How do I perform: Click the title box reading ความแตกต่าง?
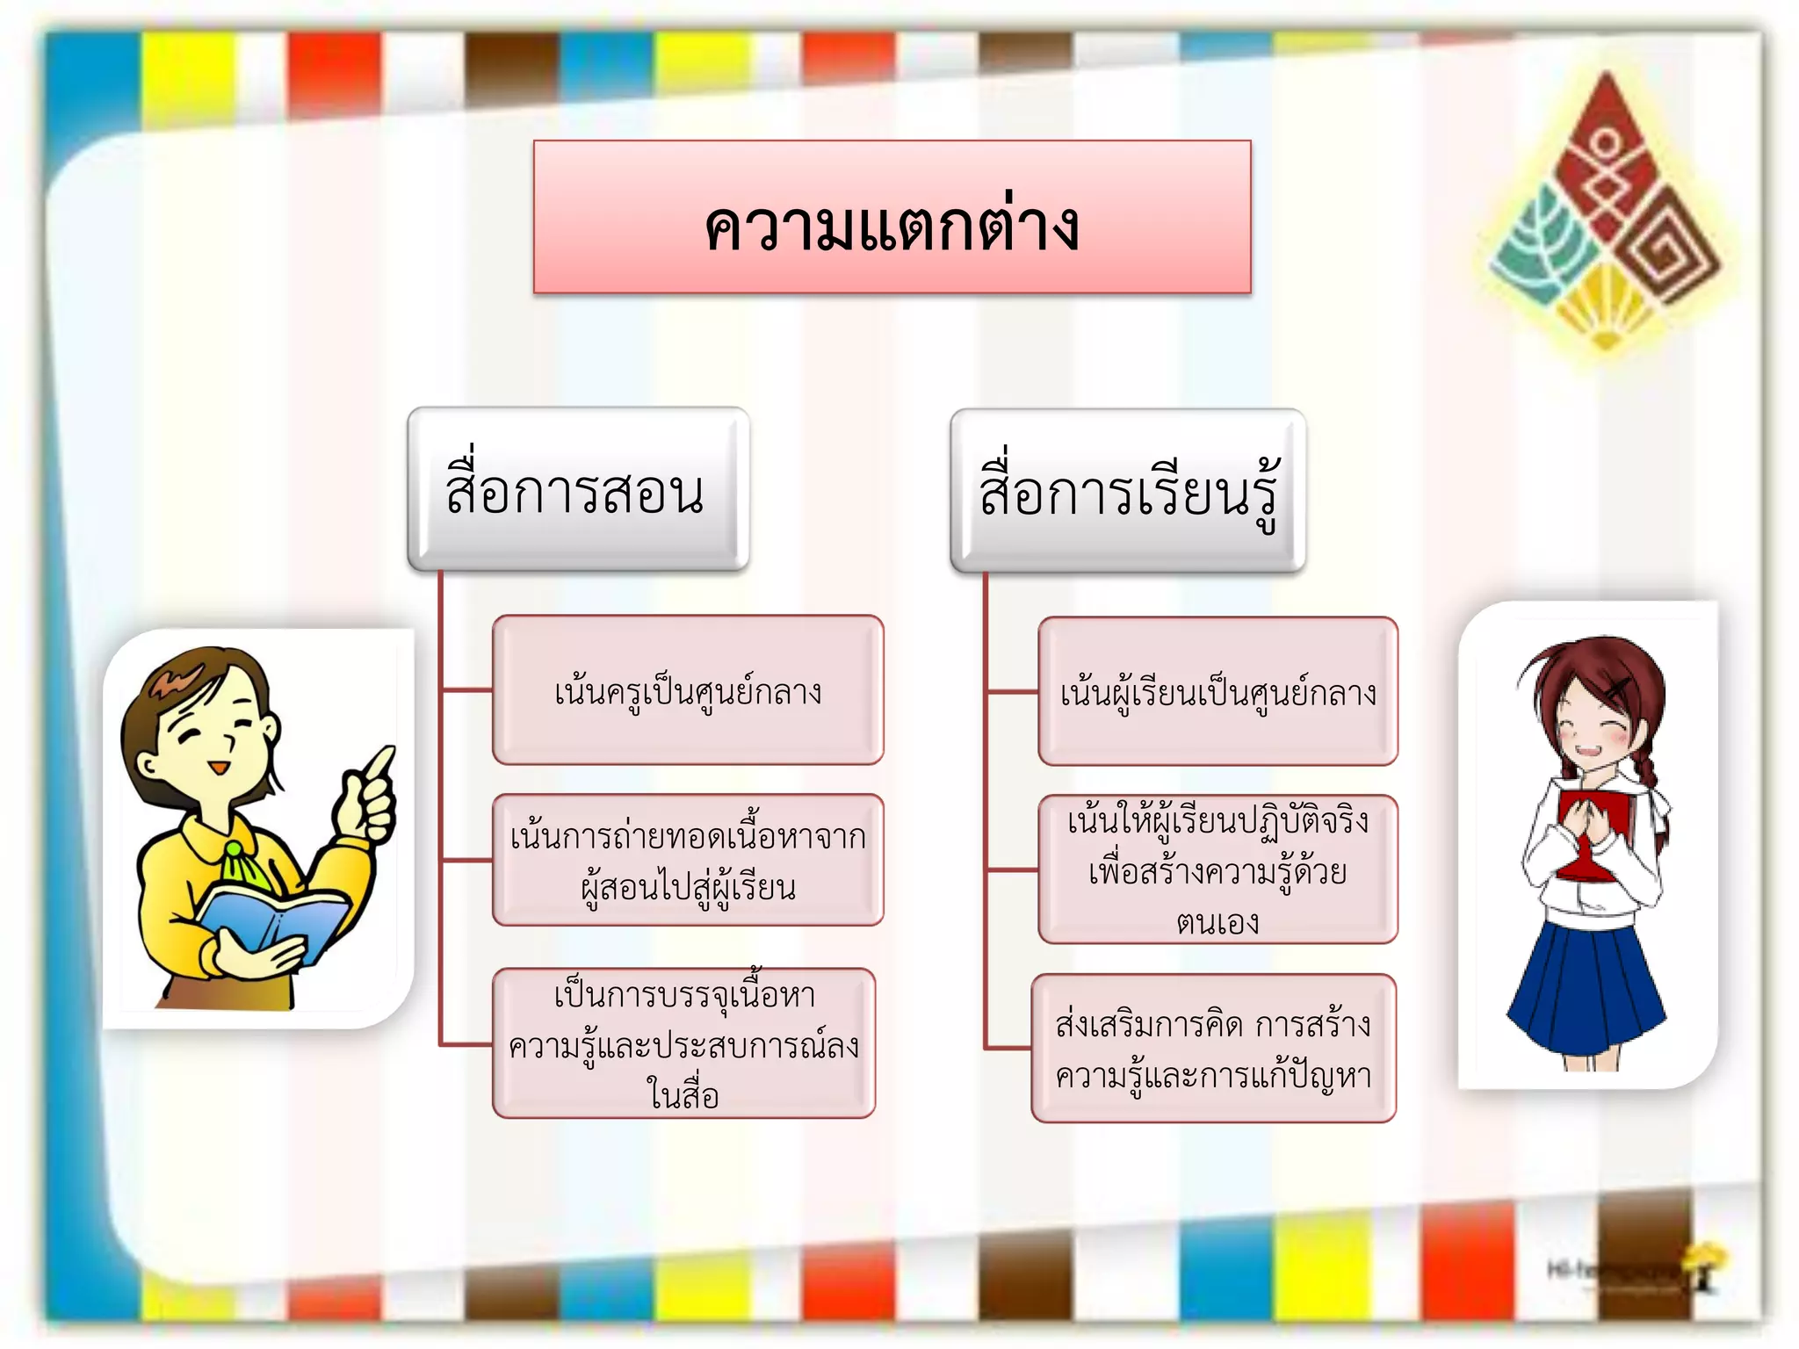(x=892, y=217)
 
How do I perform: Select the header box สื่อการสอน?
(x=578, y=489)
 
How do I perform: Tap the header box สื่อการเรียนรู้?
(x=1128, y=492)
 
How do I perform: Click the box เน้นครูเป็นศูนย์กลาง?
(x=688, y=690)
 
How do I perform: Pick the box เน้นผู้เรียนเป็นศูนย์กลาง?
(x=1217, y=692)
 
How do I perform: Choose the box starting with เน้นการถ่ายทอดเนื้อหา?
(x=688, y=861)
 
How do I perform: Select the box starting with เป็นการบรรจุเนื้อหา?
(x=683, y=1043)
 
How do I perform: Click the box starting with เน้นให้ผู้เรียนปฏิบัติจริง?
(x=1217, y=869)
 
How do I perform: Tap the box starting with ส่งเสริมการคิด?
(x=1213, y=1049)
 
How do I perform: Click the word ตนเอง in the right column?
(x=1217, y=922)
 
